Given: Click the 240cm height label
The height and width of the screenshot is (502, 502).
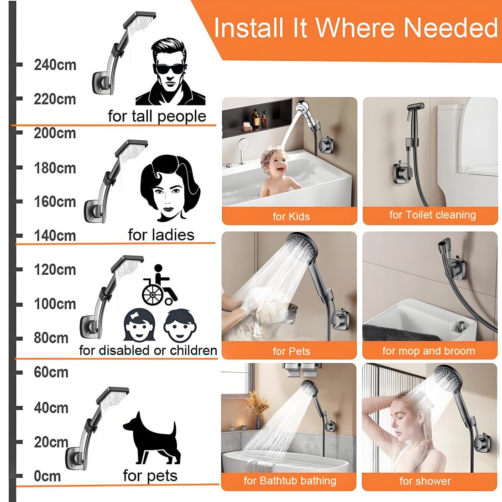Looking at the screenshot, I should click(55, 65).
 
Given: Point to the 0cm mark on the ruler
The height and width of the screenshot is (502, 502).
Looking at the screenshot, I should click(47, 476).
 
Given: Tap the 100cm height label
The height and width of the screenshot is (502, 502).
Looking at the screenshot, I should click(55, 304).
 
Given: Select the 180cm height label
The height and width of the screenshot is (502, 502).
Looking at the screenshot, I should click(55, 168).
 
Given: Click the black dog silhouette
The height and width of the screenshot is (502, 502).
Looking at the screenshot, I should click(151, 438).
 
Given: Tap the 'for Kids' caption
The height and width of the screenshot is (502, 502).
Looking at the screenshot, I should click(291, 216).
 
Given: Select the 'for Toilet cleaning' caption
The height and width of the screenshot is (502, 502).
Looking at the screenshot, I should click(432, 215).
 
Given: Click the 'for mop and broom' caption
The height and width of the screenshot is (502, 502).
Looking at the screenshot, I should click(429, 351).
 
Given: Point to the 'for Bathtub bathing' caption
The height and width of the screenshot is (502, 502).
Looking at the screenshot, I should click(290, 481).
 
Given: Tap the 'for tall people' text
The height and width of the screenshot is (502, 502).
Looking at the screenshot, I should click(157, 116).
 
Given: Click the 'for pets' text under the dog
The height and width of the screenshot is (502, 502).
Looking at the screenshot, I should click(150, 476).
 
